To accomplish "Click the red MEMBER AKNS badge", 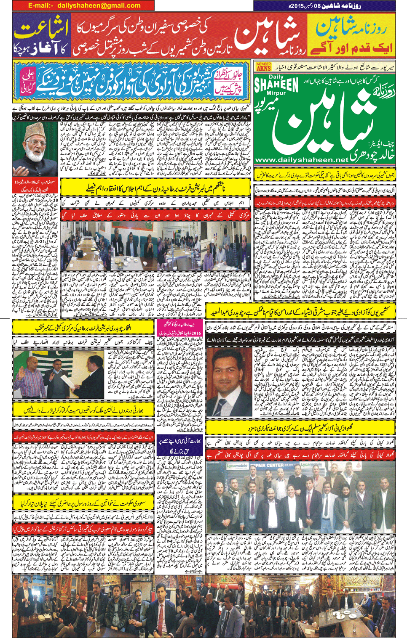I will coord(263,66).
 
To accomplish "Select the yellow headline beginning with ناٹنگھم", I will coord(155,188).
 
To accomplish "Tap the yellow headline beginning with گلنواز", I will coord(300,428).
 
